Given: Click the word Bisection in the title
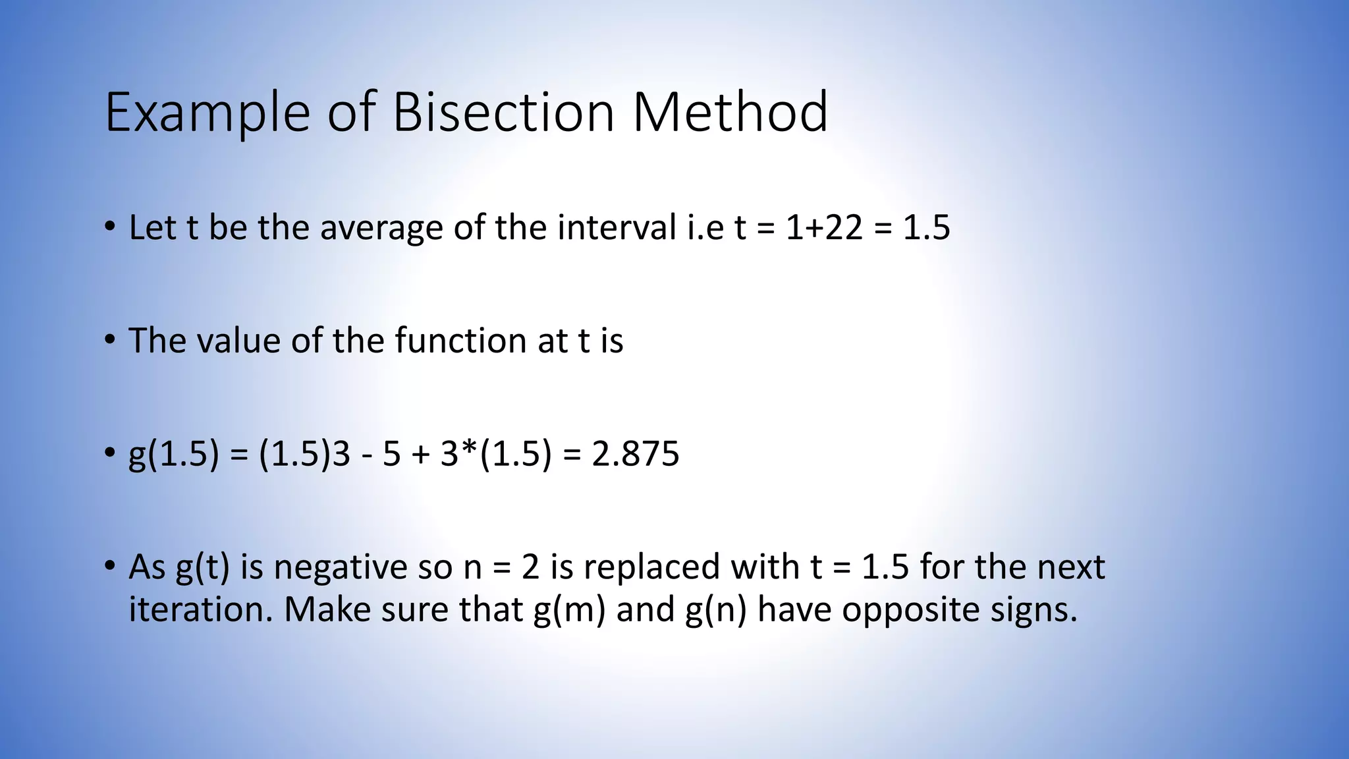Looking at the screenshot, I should (503, 112).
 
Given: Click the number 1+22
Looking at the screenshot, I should (824, 228).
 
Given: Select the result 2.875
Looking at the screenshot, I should (636, 455).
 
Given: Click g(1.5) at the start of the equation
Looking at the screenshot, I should (173, 455).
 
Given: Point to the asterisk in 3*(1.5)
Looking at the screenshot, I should (470, 451).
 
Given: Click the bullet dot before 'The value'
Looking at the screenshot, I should (110, 340).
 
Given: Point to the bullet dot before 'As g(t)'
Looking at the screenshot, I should (110, 566).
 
